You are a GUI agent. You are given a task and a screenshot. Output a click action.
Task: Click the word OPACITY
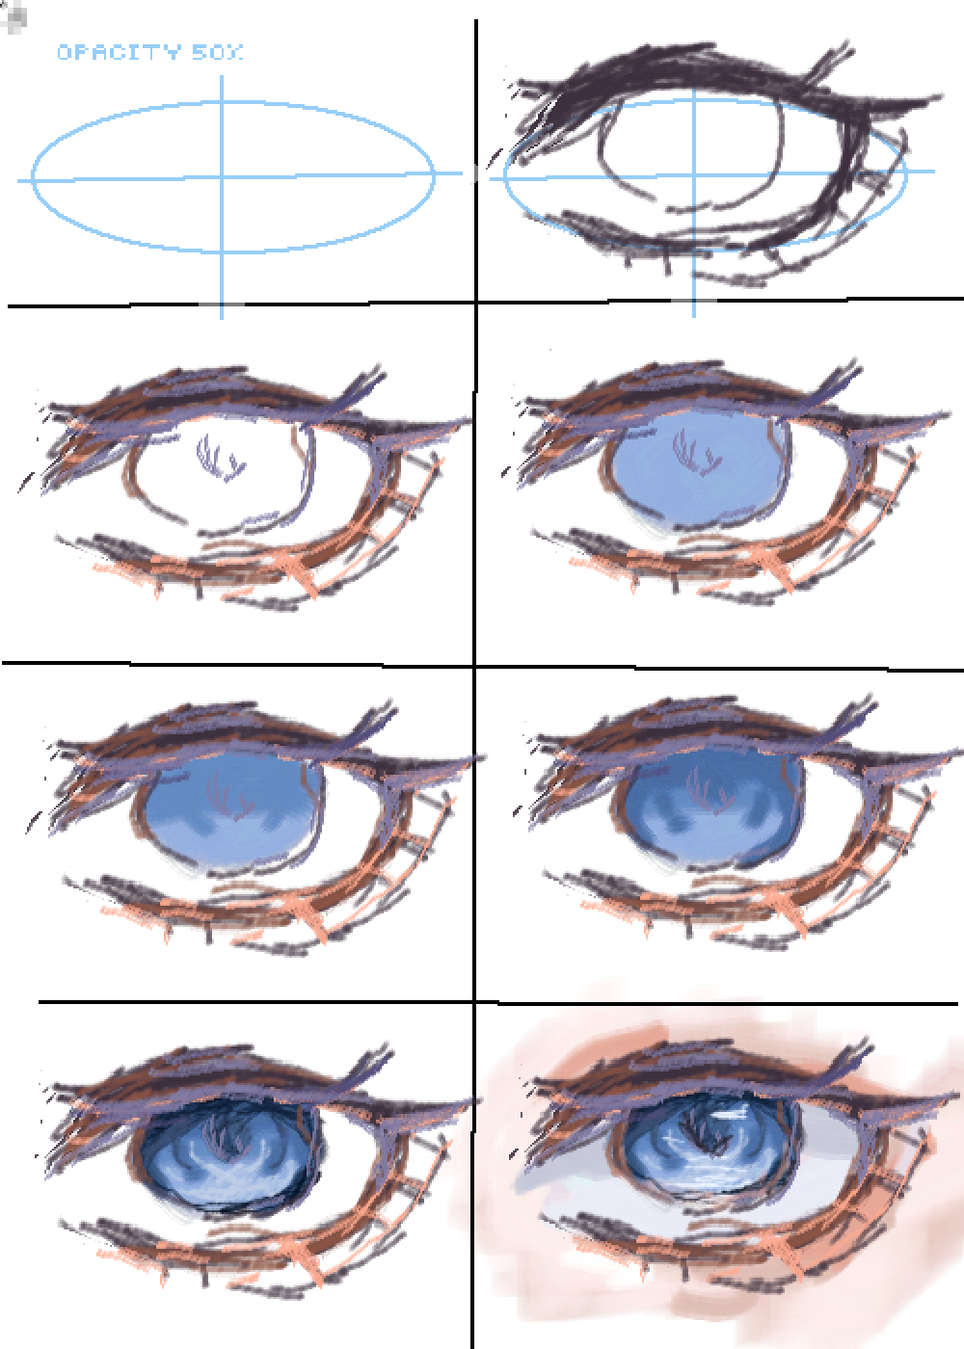coord(119,53)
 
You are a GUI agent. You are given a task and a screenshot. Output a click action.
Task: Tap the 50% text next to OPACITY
coord(217,53)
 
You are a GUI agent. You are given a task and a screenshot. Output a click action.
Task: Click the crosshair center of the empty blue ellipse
coord(223,177)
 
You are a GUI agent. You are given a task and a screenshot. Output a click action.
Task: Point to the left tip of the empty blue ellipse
coord(34,178)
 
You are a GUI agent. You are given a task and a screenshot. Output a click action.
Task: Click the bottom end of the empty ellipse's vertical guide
coord(223,314)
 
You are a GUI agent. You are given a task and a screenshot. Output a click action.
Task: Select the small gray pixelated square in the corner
coord(14,17)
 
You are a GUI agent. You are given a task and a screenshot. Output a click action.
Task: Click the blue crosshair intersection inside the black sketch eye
coord(693,174)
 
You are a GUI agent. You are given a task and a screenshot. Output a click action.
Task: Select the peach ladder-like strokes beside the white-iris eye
coord(415,491)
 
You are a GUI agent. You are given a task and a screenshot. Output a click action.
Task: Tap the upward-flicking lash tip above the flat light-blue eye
coord(848,371)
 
